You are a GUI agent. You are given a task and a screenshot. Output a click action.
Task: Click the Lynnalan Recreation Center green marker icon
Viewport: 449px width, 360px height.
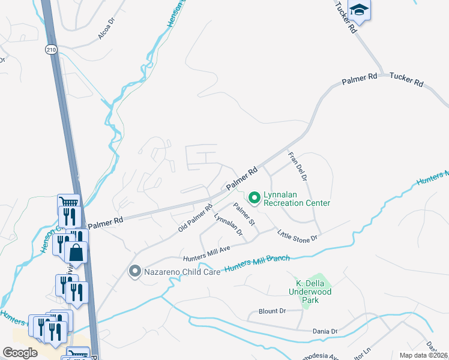coord(254,197)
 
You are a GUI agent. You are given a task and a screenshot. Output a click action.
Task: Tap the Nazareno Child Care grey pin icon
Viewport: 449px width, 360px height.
coord(134,272)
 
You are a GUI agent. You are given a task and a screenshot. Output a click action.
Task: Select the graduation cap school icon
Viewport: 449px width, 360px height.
coord(359,10)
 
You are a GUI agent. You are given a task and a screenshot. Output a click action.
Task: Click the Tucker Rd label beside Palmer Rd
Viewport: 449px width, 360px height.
coord(406,79)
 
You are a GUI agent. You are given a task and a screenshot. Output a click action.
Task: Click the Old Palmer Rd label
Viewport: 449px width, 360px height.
coord(196,218)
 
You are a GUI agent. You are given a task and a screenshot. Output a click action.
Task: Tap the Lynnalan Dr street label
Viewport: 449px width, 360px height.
coord(228,225)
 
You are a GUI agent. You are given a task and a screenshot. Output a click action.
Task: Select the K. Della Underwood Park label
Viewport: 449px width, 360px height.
coord(310,287)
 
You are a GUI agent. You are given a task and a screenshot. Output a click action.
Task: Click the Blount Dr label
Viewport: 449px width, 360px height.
coord(272,311)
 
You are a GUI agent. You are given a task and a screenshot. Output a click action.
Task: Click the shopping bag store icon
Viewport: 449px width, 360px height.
coord(77,253)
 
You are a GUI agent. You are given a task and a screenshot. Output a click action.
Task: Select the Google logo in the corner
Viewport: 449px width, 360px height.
coord(20,353)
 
